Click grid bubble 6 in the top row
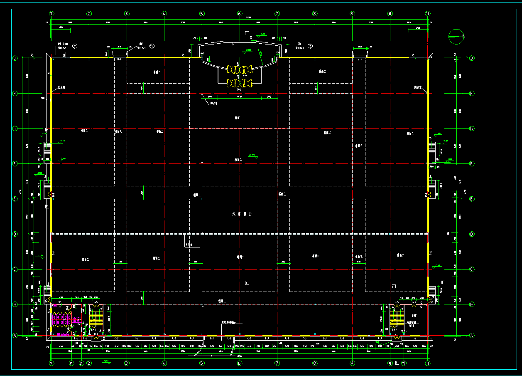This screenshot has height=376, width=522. [x=240, y=14]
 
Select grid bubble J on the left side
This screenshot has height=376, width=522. [x=15, y=59]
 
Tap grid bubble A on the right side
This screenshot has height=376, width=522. [x=472, y=335]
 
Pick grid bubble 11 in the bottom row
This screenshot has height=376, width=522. [x=428, y=363]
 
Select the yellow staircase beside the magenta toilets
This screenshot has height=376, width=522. [x=96, y=319]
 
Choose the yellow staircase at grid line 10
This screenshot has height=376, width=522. [x=397, y=318]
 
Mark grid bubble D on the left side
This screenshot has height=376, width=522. [x=15, y=234]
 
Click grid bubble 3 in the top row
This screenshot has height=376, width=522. [x=127, y=14]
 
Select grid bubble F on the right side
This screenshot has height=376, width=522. [x=472, y=164]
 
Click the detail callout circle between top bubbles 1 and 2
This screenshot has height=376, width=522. [x=75, y=45]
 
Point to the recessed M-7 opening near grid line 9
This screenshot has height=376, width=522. [x=360, y=54]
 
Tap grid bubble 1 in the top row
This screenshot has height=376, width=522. [x=51, y=14]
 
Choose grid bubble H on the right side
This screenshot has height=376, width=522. [x=472, y=94]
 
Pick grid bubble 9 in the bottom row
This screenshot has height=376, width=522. [x=353, y=363]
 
